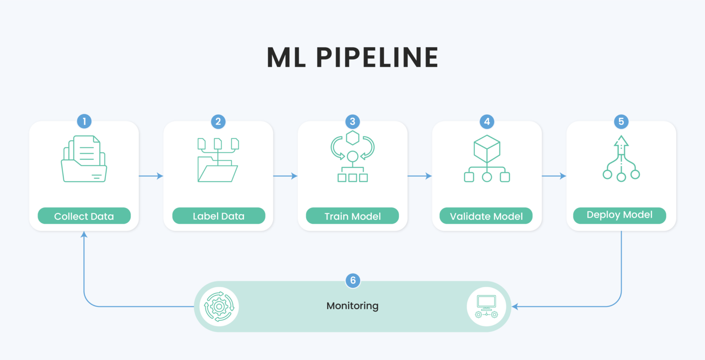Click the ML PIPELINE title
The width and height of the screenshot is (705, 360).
[x=352, y=57]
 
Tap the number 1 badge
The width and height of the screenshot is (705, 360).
[x=84, y=121]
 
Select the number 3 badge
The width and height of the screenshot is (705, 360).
[x=352, y=121]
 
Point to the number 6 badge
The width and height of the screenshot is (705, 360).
[x=353, y=281]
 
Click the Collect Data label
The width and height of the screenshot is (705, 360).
[x=84, y=216]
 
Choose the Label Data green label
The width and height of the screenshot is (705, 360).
[x=218, y=216]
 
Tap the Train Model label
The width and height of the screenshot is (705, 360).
[x=352, y=216]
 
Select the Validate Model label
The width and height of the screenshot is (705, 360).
[x=486, y=216]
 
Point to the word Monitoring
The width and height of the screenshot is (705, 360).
[x=352, y=306]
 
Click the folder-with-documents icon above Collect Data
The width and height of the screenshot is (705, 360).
[x=84, y=159]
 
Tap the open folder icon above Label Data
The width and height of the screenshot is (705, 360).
[x=218, y=160]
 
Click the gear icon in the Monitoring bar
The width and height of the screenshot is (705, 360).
[x=219, y=306]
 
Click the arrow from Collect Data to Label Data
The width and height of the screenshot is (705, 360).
[x=151, y=176]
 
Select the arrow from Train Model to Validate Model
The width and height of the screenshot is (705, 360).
[x=420, y=176]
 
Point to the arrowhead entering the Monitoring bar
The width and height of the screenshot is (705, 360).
[x=515, y=306]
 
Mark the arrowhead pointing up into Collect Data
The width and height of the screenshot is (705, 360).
[x=84, y=234]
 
